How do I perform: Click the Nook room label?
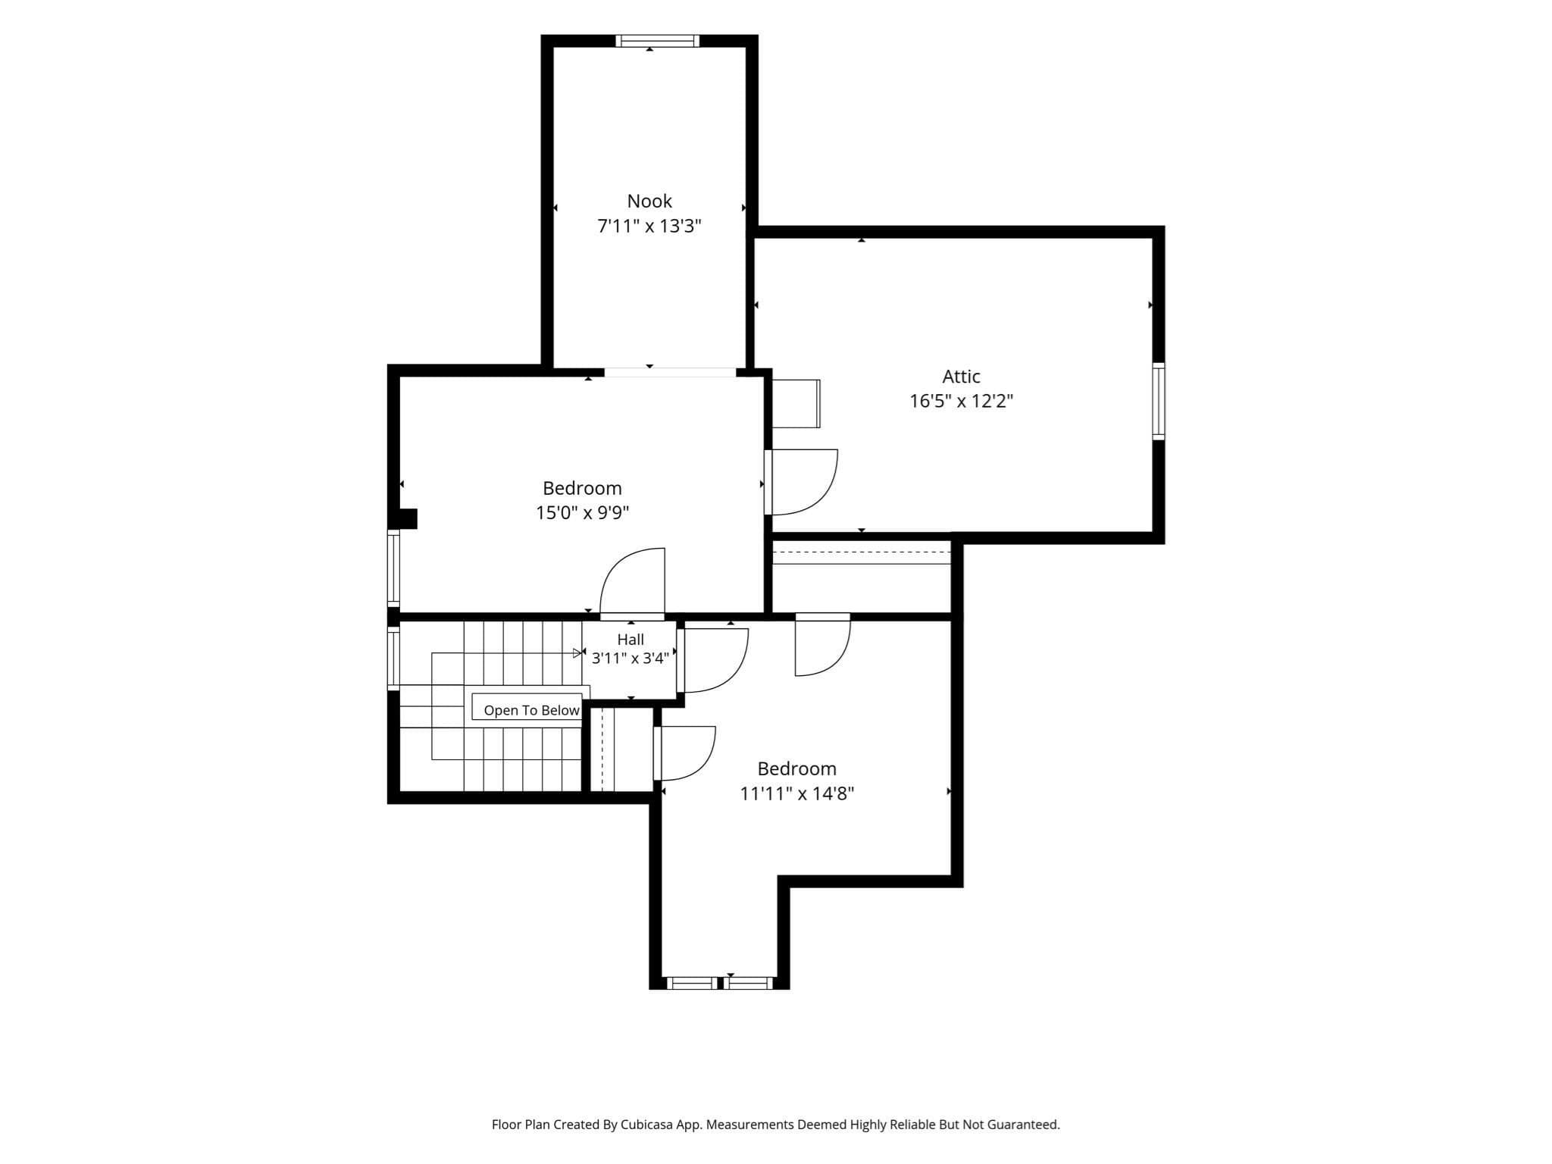[x=649, y=201]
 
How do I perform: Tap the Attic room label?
[x=961, y=376]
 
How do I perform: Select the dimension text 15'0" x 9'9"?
[x=582, y=513]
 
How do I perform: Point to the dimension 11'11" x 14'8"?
[x=797, y=793]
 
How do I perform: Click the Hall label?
[x=630, y=640]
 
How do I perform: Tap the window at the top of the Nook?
[x=657, y=41]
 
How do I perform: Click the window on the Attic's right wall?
[x=1159, y=401]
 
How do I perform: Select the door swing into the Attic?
[x=801, y=482]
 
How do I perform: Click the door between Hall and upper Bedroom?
[x=632, y=582]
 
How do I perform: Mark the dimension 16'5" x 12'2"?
[x=961, y=401]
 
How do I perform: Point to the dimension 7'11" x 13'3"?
[x=649, y=226]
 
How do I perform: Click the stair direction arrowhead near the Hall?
[x=577, y=652]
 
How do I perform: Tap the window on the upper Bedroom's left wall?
[x=393, y=568]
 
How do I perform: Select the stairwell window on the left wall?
[x=393, y=658]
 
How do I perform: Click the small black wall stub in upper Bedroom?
[x=408, y=518]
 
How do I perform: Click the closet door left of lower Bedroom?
[x=684, y=753]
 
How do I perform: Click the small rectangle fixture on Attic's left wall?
[x=796, y=404]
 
